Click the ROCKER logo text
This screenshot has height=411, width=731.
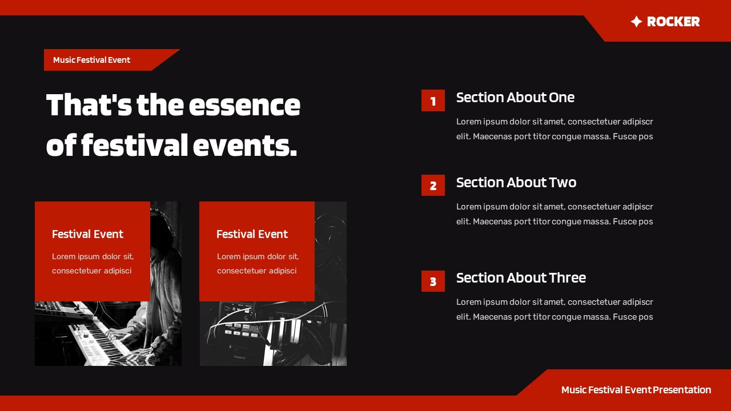(673, 22)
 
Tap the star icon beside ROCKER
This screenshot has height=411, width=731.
(636, 22)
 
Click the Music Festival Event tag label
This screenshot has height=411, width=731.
(91, 60)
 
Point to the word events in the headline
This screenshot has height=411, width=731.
(244, 146)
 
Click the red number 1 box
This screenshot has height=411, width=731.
(433, 101)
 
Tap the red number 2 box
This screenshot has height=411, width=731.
(433, 186)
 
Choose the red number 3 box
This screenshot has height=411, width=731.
(433, 281)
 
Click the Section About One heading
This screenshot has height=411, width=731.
(515, 98)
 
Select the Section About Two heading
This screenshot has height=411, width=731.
(516, 183)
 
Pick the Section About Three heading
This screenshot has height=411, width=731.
(521, 278)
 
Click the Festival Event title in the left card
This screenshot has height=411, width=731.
(87, 234)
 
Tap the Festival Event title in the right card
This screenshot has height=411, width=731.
(252, 234)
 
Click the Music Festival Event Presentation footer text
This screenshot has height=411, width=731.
(636, 390)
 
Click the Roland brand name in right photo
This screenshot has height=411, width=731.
(239, 357)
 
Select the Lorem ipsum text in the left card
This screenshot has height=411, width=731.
(93, 264)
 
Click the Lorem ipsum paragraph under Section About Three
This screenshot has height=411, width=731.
(554, 309)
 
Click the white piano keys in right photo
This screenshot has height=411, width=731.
(286, 337)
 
